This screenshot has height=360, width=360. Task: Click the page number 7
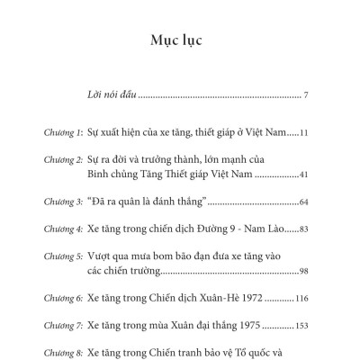pos(306,95)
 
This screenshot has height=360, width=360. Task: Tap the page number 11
pos(304,133)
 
